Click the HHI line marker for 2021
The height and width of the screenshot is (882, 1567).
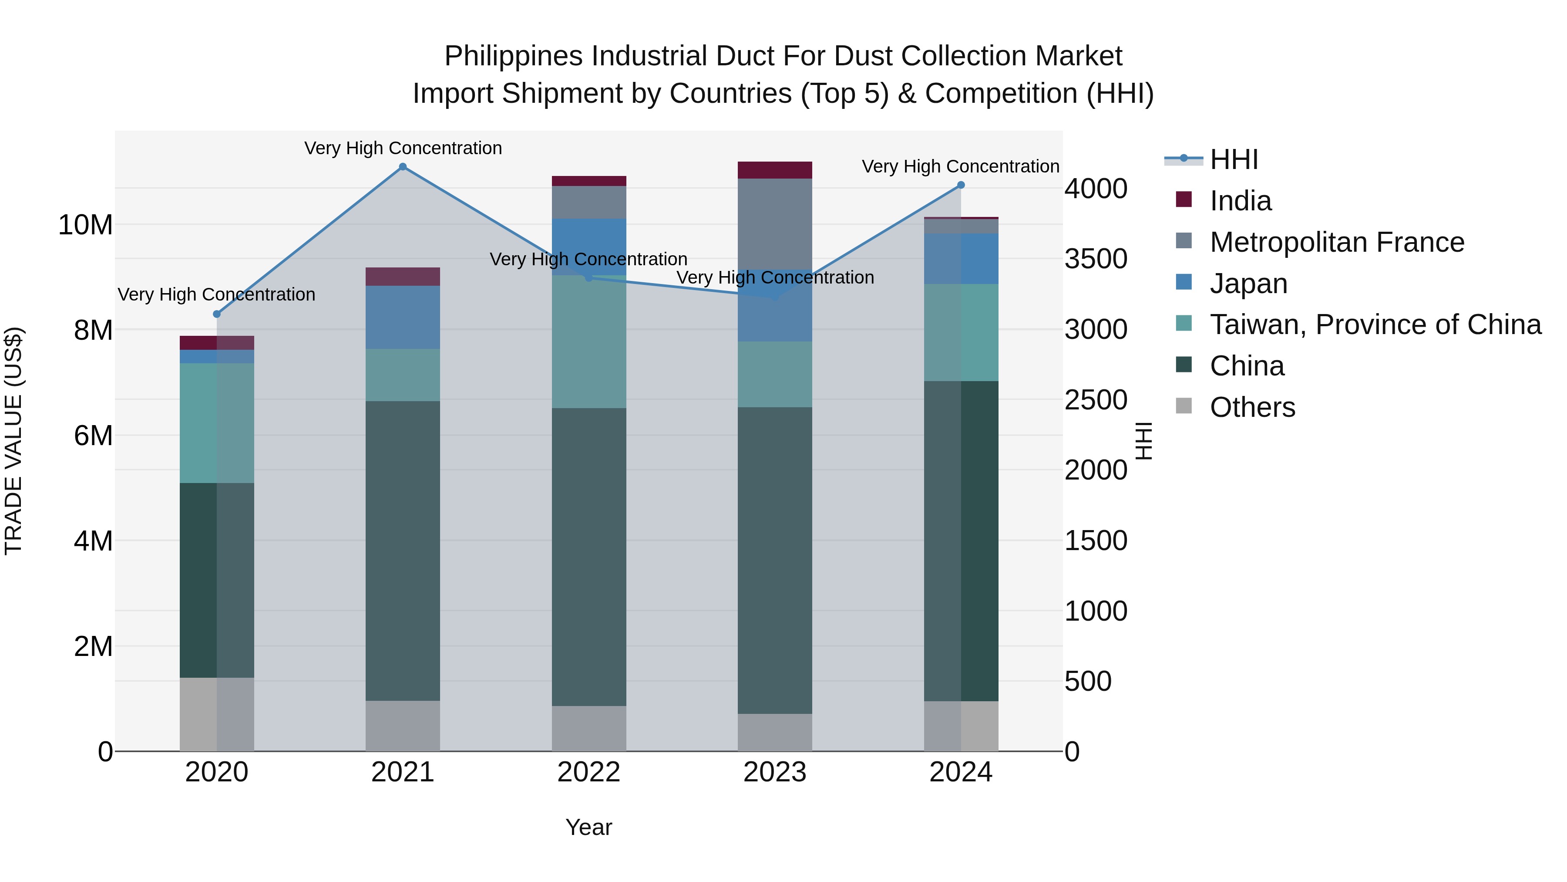coord(403,167)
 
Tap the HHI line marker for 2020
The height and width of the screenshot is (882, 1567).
coord(217,314)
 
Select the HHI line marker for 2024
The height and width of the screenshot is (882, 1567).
coord(961,185)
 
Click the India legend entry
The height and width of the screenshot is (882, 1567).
coord(1241,201)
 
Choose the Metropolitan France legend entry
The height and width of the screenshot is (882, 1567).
coord(1337,242)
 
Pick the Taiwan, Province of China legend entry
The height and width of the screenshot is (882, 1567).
coord(1375,324)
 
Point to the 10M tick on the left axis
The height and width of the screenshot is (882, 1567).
coord(85,225)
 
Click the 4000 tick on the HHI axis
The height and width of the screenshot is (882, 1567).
coord(1096,189)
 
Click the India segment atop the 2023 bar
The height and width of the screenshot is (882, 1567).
coord(774,170)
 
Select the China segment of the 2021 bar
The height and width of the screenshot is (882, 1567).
coord(403,551)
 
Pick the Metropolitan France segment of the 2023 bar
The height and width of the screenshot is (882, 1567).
coord(774,223)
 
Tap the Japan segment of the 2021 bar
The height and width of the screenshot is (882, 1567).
coord(403,317)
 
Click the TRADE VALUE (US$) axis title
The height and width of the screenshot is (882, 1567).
coord(13,441)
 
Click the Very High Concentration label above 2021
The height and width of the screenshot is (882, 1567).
coord(403,149)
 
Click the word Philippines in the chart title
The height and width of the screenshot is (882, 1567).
coord(514,56)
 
